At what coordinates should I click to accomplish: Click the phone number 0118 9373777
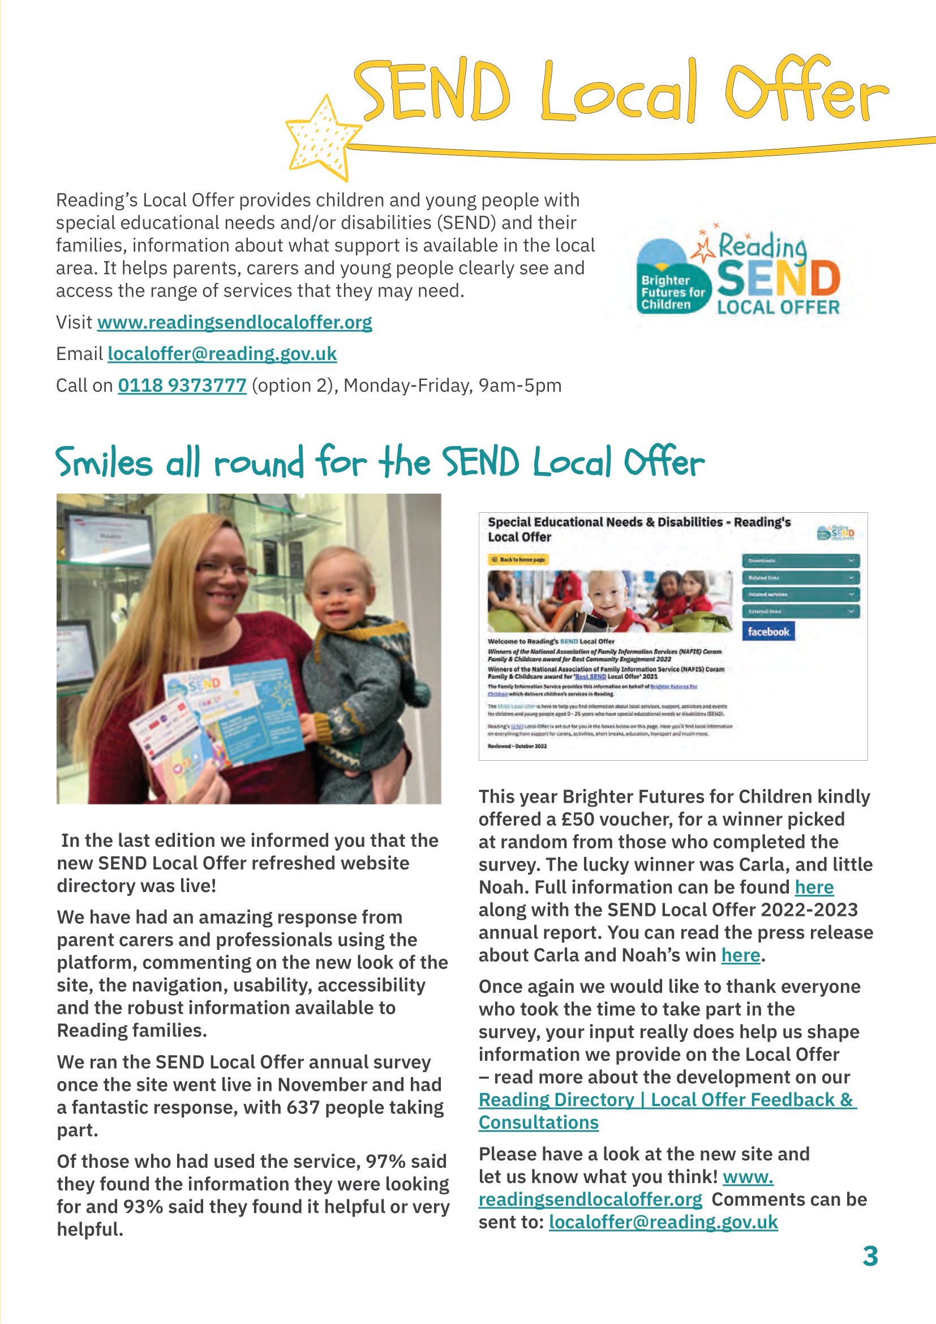click(x=182, y=385)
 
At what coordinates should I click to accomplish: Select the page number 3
click(x=870, y=1256)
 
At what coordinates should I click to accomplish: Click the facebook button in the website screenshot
click(x=768, y=632)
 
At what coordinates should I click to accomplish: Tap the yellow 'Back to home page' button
click(x=518, y=559)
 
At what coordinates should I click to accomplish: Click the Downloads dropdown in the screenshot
click(x=801, y=560)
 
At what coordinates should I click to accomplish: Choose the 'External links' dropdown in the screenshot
click(x=801, y=611)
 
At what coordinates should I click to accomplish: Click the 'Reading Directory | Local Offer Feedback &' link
click(x=667, y=1100)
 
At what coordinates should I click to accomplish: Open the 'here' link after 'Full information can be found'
click(x=814, y=887)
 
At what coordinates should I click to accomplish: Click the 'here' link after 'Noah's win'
click(x=740, y=955)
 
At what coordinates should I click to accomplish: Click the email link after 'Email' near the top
click(x=222, y=353)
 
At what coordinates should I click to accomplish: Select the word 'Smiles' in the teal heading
click(x=104, y=463)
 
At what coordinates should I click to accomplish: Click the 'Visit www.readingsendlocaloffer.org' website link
click(x=235, y=322)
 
